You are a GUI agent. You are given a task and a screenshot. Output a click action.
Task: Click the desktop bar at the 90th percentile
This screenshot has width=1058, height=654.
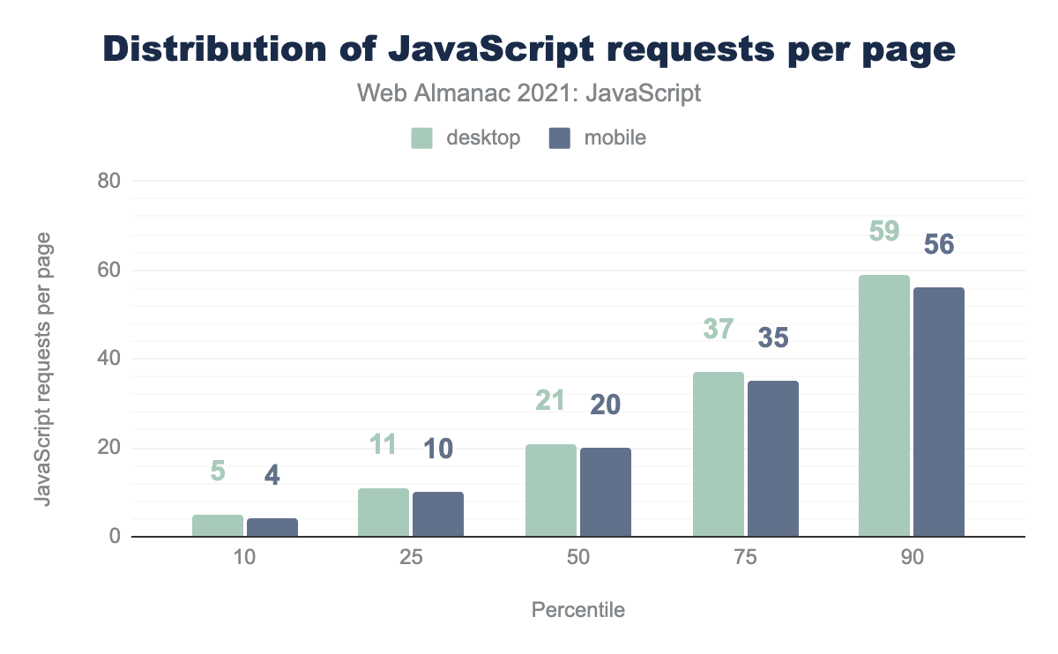(x=884, y=405)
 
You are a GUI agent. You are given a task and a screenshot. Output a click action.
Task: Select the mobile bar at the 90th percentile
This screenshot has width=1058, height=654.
(x=938, y=412)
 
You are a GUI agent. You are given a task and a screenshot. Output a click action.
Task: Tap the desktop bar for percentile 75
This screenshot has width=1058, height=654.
(x=718, y=454)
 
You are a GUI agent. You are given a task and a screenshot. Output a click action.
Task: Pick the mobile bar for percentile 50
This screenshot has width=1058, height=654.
(x=605, y=492)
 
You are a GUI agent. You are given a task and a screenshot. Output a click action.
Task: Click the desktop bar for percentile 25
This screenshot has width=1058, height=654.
(x=384, y=512)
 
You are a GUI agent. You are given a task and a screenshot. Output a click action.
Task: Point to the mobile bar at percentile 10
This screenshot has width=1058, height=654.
(x=272, y=527)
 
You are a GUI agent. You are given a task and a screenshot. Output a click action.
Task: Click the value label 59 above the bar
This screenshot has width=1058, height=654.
(x=884, y=231)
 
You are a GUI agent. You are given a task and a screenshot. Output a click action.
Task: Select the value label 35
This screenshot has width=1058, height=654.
(x=772, y=338)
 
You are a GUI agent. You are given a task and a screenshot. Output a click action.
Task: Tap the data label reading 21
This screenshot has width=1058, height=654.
(x=551, y=401)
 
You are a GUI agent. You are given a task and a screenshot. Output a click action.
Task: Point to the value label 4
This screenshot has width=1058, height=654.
(x=272, y=475)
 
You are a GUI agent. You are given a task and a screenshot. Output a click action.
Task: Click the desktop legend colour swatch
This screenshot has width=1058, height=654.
(x=421, y=138)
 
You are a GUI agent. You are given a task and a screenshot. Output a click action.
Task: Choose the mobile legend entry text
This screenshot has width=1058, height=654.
(x=615, y=138)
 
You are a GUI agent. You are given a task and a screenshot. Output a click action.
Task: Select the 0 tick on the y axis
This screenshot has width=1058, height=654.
(x=113, y=537)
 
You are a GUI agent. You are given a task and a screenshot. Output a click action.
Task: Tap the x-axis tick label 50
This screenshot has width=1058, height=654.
(x=578, y=561)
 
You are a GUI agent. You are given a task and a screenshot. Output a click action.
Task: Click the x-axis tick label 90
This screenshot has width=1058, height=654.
(x=912, y=561)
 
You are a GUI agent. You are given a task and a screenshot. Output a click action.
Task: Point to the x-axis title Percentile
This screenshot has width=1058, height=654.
(x=578, y=610)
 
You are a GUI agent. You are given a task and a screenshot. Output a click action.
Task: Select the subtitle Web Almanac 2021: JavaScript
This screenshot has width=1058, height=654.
(x=529, y=93)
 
